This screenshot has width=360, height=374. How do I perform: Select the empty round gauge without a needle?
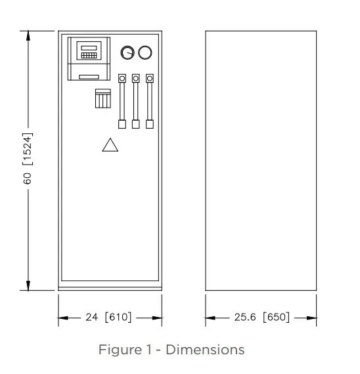click(x=145, y=47)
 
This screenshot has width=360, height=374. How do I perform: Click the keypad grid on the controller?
click(x=89, y=55)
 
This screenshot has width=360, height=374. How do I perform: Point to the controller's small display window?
click(x=89, y=48)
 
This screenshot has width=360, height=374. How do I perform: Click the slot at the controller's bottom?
click(x=89, y=77)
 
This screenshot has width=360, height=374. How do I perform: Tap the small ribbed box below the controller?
click(x=103, y=98)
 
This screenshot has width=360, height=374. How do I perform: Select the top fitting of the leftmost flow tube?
click(x=122, y=79)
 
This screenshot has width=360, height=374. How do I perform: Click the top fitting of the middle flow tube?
click(x=136, y=79)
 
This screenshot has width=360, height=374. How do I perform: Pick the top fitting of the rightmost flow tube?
click(x=150, y=79)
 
